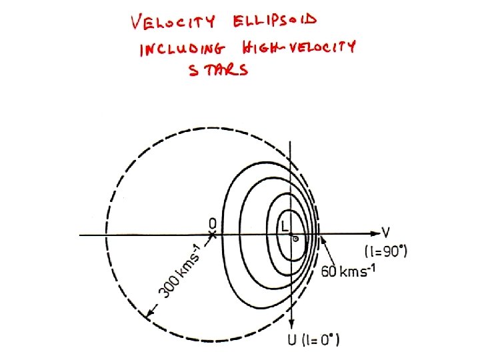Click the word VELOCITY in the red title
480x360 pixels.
173,23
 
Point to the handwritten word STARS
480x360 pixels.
218,70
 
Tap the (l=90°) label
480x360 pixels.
386,251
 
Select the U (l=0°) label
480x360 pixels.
311,341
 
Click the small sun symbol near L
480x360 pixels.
295,238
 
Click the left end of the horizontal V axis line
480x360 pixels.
80,235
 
